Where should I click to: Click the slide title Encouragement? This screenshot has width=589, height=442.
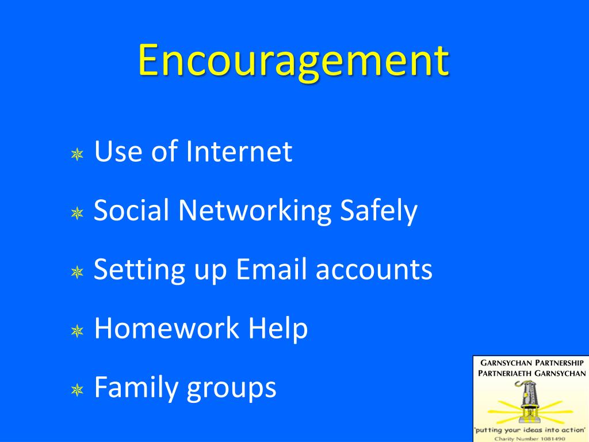[293, 60]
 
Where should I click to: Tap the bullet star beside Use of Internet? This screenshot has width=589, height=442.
[77, 154]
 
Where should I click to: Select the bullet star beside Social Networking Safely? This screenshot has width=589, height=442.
[77, 214]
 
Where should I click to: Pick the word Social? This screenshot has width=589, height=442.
[131, 211]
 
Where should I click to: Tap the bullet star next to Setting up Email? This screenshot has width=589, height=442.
[77, 272]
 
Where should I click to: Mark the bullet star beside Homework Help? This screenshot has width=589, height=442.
[77, 331]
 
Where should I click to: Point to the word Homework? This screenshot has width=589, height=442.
[166, 329]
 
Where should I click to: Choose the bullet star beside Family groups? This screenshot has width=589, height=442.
[77, 390]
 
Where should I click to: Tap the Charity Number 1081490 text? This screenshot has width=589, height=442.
[530, 437]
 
